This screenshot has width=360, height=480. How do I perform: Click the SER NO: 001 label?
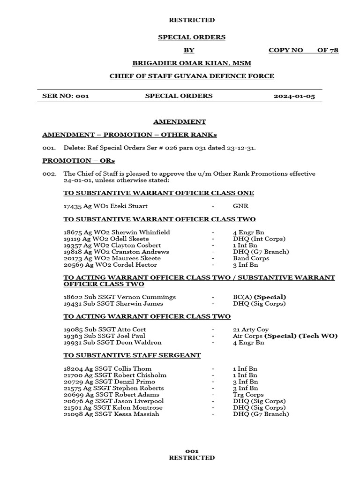pyautogui.click(x=66, y=96)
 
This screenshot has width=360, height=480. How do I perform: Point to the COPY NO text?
pyautogui.click(x=285, y=50)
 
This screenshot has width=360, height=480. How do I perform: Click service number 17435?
pyautogui.click(x=73, y=206)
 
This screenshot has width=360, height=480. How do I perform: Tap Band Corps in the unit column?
pyautogui.click(x=251, y=258)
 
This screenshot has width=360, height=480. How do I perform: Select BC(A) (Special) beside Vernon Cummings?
pyautogui.click(x=259, y=297)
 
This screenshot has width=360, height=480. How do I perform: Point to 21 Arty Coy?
pyautogui.click(x=251, y=330)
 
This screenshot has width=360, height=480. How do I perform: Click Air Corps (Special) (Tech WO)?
pyautogui.click(x=285, y=336)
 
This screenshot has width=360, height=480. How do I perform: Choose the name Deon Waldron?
pyautogui.click(x=139, y=343)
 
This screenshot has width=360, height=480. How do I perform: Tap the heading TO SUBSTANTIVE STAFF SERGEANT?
pyautogui.click(x=132, y=355)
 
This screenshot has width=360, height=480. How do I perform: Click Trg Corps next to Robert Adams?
pyautogui.click(x=248, y=395)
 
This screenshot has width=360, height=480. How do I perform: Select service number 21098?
pyautogui.click(x=73, y=414)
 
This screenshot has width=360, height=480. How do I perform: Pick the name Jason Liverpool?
pyautogui.click(x=139, y=401)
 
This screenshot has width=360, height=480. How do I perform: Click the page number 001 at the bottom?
pyautogui.click(x=192, y=451)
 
